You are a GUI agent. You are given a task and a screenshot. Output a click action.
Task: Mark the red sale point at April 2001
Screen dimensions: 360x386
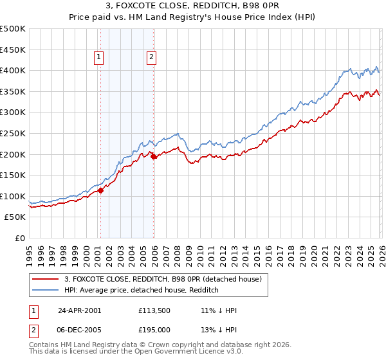(101, 190)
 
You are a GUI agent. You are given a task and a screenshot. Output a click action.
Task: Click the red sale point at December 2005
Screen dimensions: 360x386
(154, 156)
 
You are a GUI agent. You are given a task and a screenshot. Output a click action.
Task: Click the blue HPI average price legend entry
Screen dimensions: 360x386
(142, 291)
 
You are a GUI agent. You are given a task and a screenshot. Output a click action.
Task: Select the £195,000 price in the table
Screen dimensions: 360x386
(156, 328)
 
